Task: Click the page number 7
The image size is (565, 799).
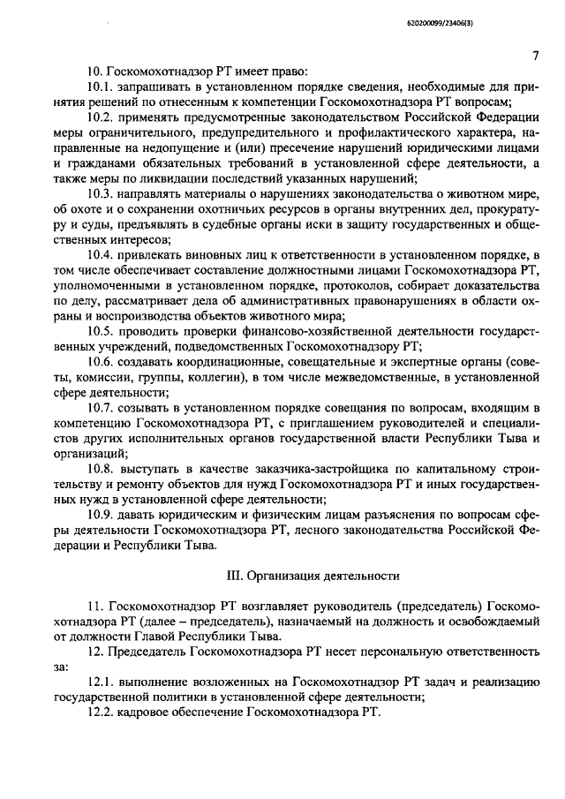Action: [x=535, y=55]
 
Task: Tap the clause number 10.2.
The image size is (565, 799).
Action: [x=102, y=117]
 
